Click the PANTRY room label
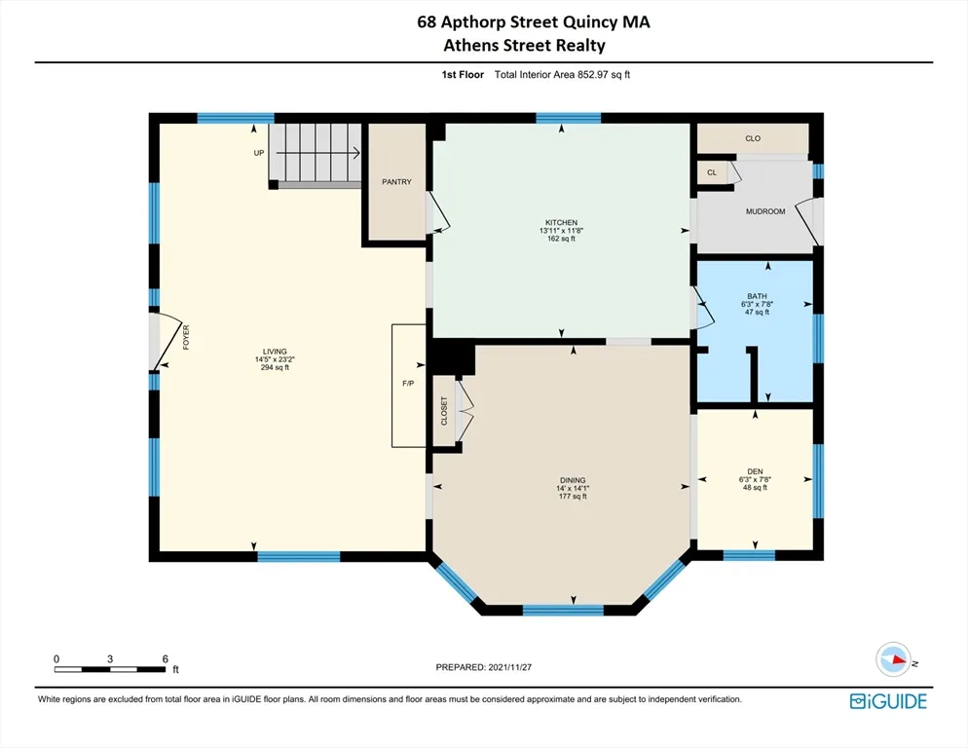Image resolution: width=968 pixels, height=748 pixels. tap(396, 182)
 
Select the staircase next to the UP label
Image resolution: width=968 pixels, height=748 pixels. tap(314, 153)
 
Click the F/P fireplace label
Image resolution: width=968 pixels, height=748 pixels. tap(408, 384)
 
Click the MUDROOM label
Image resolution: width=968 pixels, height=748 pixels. tap(764, 211)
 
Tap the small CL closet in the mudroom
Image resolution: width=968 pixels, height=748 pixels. tap(712, 172)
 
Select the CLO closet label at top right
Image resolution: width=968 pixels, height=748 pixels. tap(753, 138)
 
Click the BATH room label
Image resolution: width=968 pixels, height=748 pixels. tap(757, 295)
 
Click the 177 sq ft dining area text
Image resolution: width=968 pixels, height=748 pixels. tap(573, 497)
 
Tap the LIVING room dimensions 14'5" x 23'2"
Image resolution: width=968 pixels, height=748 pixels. tap(275, 359)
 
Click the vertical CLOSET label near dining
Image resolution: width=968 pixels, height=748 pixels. tap(445, 412)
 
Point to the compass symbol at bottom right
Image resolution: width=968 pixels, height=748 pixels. tap(891, 660)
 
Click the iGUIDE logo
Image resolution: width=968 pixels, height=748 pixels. tap(887, 700)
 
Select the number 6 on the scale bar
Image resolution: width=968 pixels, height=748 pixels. tap(164, 659)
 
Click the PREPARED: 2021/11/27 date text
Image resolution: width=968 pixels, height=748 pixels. tap(484, 667)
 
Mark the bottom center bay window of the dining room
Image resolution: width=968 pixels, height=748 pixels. tap(563, 611)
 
